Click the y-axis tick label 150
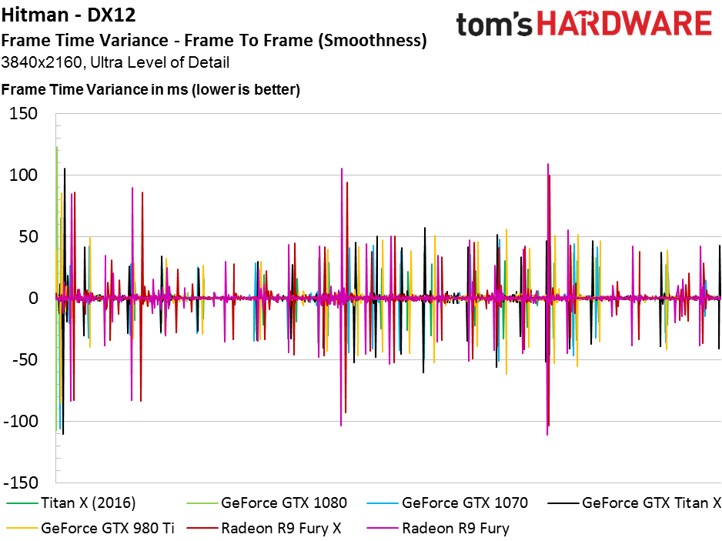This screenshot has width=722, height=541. [24, 113]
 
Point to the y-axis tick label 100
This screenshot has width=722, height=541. [24, 175]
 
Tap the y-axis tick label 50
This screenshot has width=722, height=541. [28, 237]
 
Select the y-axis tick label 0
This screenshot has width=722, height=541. [33, 299]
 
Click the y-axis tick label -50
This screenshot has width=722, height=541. [25, 359]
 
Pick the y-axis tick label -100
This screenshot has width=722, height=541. [21, 421]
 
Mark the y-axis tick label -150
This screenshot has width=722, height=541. [21, 483]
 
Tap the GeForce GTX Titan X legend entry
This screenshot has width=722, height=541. [634, 503]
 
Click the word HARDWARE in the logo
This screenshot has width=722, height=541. [625, 24]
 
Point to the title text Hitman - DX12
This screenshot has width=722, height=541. [69, 15]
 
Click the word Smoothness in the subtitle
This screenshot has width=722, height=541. [373, 41]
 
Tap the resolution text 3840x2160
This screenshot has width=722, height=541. [42, 62]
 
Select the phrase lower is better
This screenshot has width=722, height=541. [246, 89]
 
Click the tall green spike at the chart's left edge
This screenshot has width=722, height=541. [57, 289]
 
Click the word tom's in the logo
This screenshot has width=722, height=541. [494, 24]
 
